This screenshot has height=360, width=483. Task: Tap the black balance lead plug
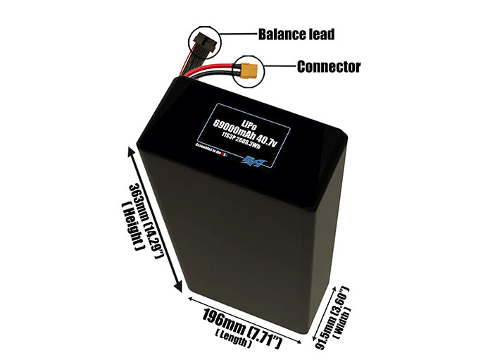click(202, 42)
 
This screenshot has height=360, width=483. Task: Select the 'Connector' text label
click(329, 68)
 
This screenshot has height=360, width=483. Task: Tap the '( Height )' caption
click(131, 225)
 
